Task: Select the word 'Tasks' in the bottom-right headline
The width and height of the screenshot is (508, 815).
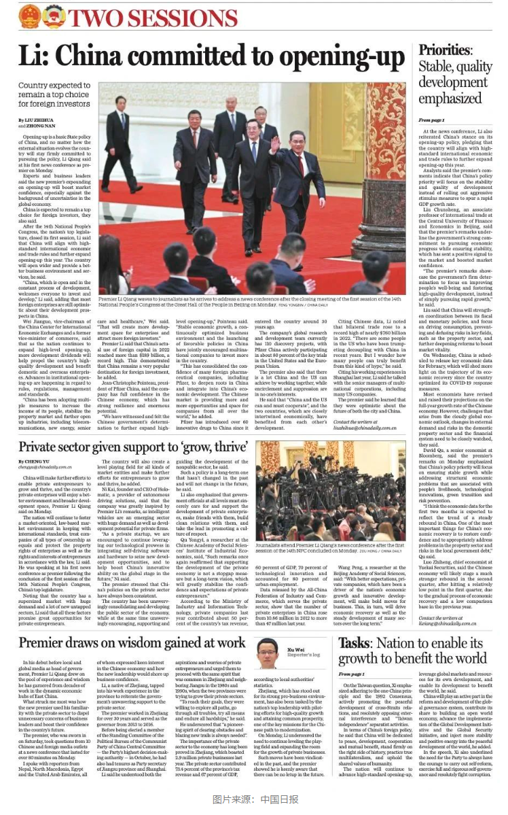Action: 353,643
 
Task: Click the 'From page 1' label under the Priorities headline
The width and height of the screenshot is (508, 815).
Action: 431,120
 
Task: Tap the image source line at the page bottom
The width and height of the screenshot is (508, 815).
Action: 253,799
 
